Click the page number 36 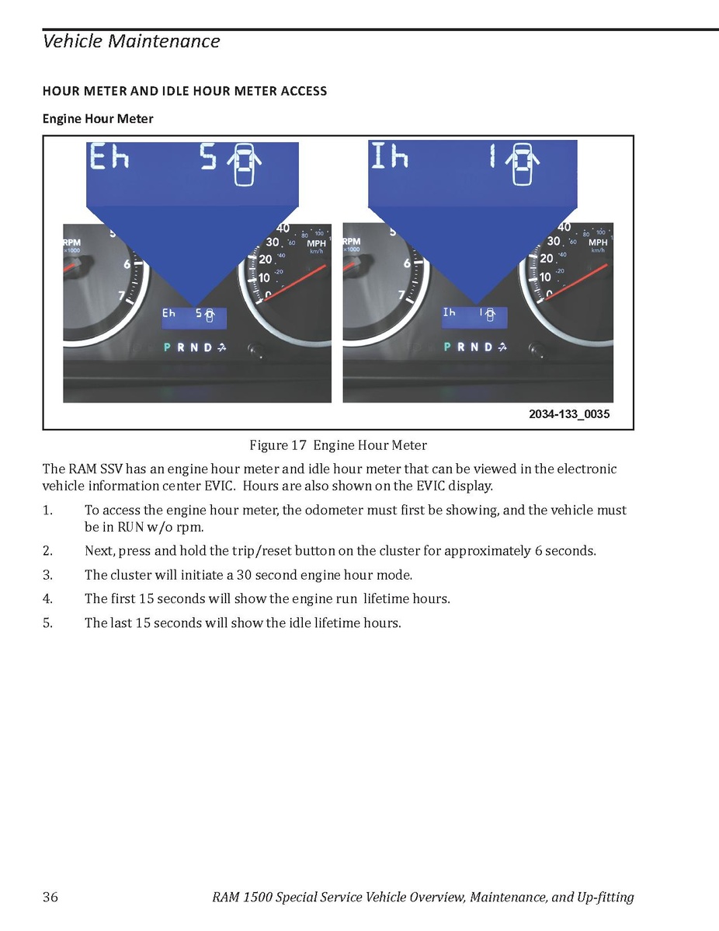(50, 898)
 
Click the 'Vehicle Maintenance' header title (131, 41)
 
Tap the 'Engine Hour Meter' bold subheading (98, 119)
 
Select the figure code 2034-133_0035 (569, 414)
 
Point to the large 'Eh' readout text (109, 159)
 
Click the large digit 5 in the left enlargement (208, 159)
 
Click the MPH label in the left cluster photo (318, 243)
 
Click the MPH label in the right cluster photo (598, 243)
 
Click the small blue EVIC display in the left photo (193, 317)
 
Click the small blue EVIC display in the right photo (474, 316)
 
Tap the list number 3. (47, 575)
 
